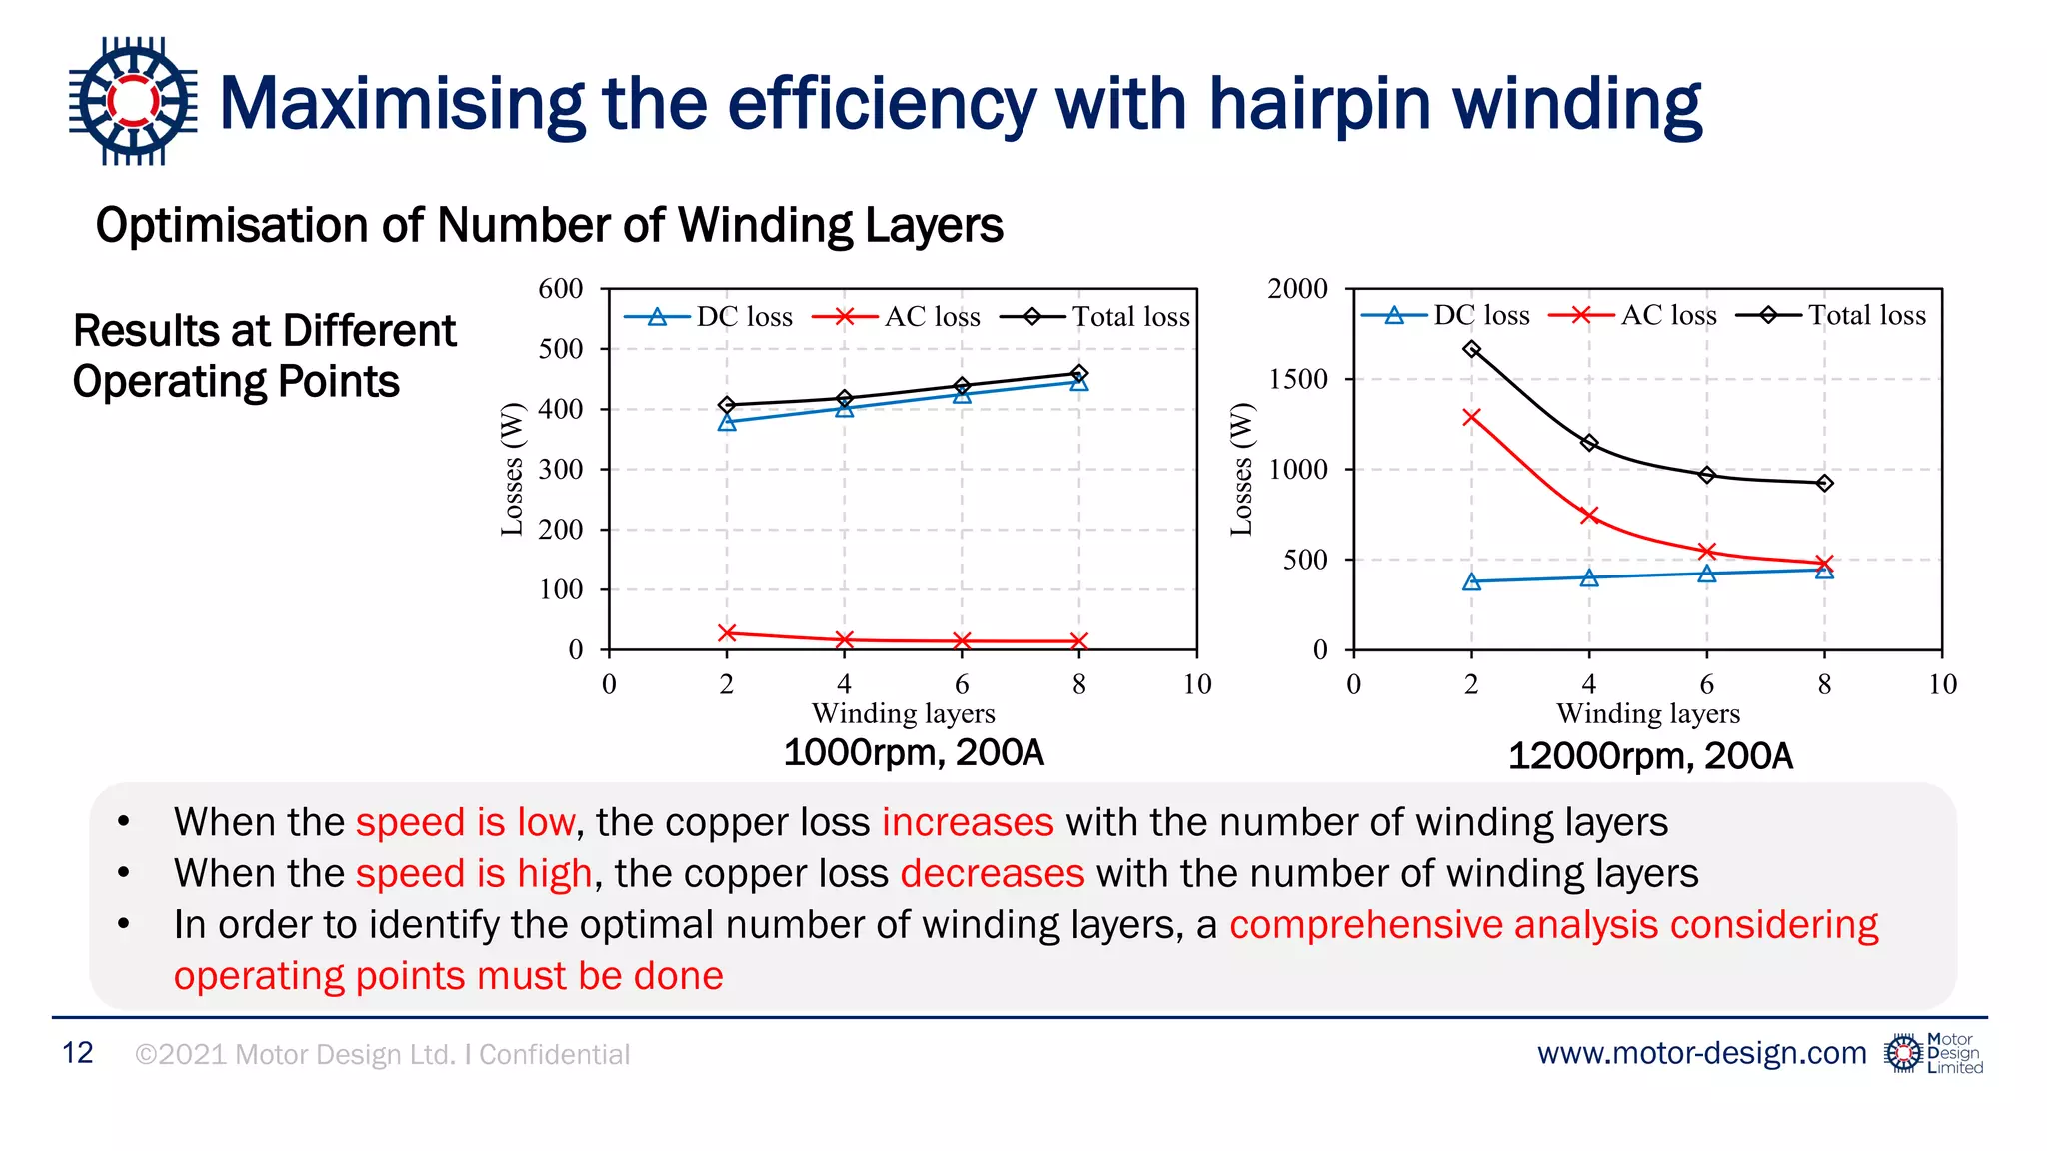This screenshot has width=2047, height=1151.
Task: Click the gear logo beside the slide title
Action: click(x=133, y=101)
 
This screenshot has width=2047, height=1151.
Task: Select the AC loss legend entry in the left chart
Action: click(x=897, y=317)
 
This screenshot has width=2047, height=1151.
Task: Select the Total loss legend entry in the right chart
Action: click(x=1831, y=315)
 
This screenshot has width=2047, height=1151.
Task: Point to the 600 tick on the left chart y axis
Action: click(x=561, y=289)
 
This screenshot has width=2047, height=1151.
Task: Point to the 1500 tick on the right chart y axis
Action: click(x=1297, y=379)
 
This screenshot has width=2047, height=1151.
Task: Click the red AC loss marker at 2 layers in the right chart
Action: click(x=1471, y=417)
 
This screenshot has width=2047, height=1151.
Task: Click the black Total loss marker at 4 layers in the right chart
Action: click(x=1589, y=443)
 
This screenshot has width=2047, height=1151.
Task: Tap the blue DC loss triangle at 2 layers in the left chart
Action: click(x=727, y=422)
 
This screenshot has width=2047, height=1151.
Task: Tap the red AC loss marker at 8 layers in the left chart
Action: click(x=1079, y=641)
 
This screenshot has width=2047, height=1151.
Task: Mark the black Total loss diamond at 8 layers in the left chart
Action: click(x=1079, y=373)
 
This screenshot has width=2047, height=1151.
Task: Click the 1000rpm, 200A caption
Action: click(x=914, y=752)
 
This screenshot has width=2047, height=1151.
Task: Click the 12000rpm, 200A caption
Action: click(x=1650, y=756)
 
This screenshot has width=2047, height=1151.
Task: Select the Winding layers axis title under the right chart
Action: click(x=1648, y=713)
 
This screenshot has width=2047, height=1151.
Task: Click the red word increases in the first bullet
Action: click(x=967, y=822)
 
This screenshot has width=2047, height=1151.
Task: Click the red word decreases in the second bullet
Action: click(x=992, y=873)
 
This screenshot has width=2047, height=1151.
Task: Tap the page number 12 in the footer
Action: click(x=78, y=1053)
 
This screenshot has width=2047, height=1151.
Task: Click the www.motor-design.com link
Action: click(x=1701, y=1053)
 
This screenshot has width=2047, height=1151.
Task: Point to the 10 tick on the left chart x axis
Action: click(x=1197, y=684)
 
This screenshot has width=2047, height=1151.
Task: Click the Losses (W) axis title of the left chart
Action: click(x=512, y=469)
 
